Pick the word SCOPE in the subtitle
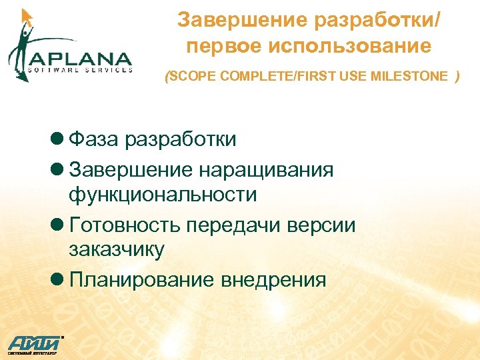(193, 77)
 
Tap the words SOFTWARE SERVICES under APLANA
(80, 69)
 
